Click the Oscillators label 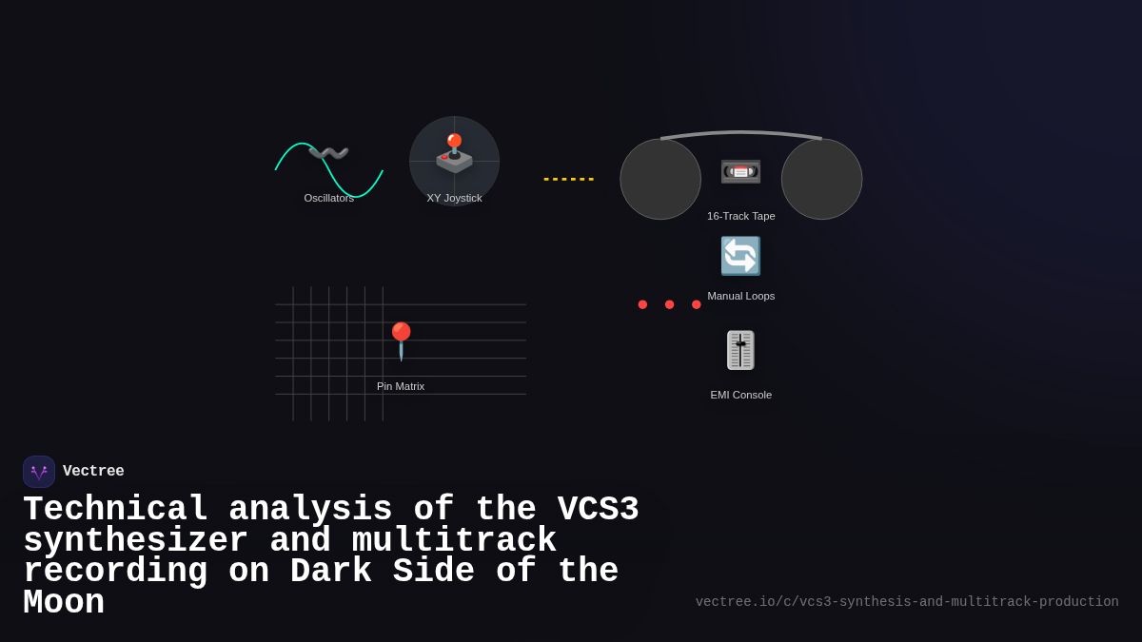[x=328, y=198]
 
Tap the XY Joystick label [x=454, y=198]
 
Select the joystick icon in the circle [x=454, y=154]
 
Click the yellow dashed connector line [x=568, y=179]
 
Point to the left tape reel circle [x=660, y=179]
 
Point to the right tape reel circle [x=821, y=179]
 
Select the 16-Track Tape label [x=740, y=216]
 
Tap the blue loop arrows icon [x=740, y=256]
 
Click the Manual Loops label [x=740, y=296]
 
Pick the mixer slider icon [x=740, y=350]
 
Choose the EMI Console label [x=740, y=395]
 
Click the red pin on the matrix [x=401, y=340]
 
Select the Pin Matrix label [x=401, y=386]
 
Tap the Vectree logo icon [x=39, y=472]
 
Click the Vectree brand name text [x=93, y=472]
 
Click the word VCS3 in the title [x=598, y=510]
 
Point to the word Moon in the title [x=63, y=603]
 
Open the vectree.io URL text [x=906, y=602]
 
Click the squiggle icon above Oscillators [x=328, y=153]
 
